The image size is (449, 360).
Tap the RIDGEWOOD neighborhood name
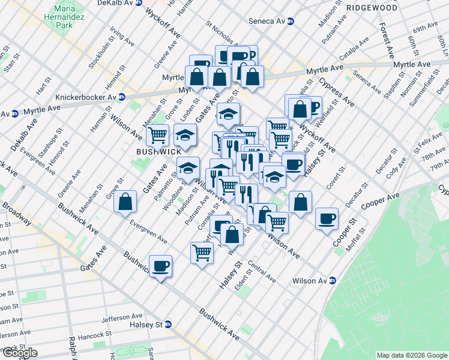372,8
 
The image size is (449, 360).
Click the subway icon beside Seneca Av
291,22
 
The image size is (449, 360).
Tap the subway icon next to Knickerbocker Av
122,97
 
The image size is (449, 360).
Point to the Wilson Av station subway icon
332,281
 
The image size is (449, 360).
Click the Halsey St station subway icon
169,325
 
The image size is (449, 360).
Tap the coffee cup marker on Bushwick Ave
160,265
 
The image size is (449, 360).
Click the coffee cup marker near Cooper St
327,218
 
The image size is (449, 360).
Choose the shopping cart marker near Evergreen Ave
202,251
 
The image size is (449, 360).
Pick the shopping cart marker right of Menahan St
158,135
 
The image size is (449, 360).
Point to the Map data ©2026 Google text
411,355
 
